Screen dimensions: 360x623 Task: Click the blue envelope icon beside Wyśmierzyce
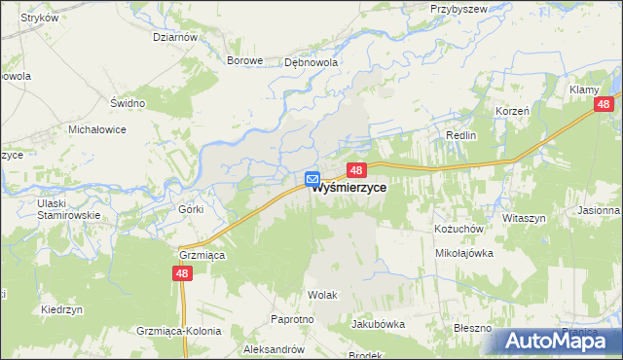coord(312,179)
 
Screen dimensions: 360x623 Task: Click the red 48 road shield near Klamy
coord(605,104)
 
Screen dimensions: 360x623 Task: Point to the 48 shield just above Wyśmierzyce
coord(356,169)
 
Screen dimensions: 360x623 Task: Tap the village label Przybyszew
coord(459,8)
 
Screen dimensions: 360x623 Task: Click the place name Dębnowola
coord(311,60)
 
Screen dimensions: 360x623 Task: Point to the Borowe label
coord(245,60)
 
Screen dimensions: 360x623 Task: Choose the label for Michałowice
coord(97,128)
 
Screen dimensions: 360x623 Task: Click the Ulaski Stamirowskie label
coord(68,208)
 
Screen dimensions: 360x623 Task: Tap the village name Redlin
coord(460,135)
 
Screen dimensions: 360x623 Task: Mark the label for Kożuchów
coord(454,228)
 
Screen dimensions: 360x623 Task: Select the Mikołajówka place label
coord(463,252)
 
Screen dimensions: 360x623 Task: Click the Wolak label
coord(322,294)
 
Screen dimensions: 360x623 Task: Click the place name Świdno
coord(128,103)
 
